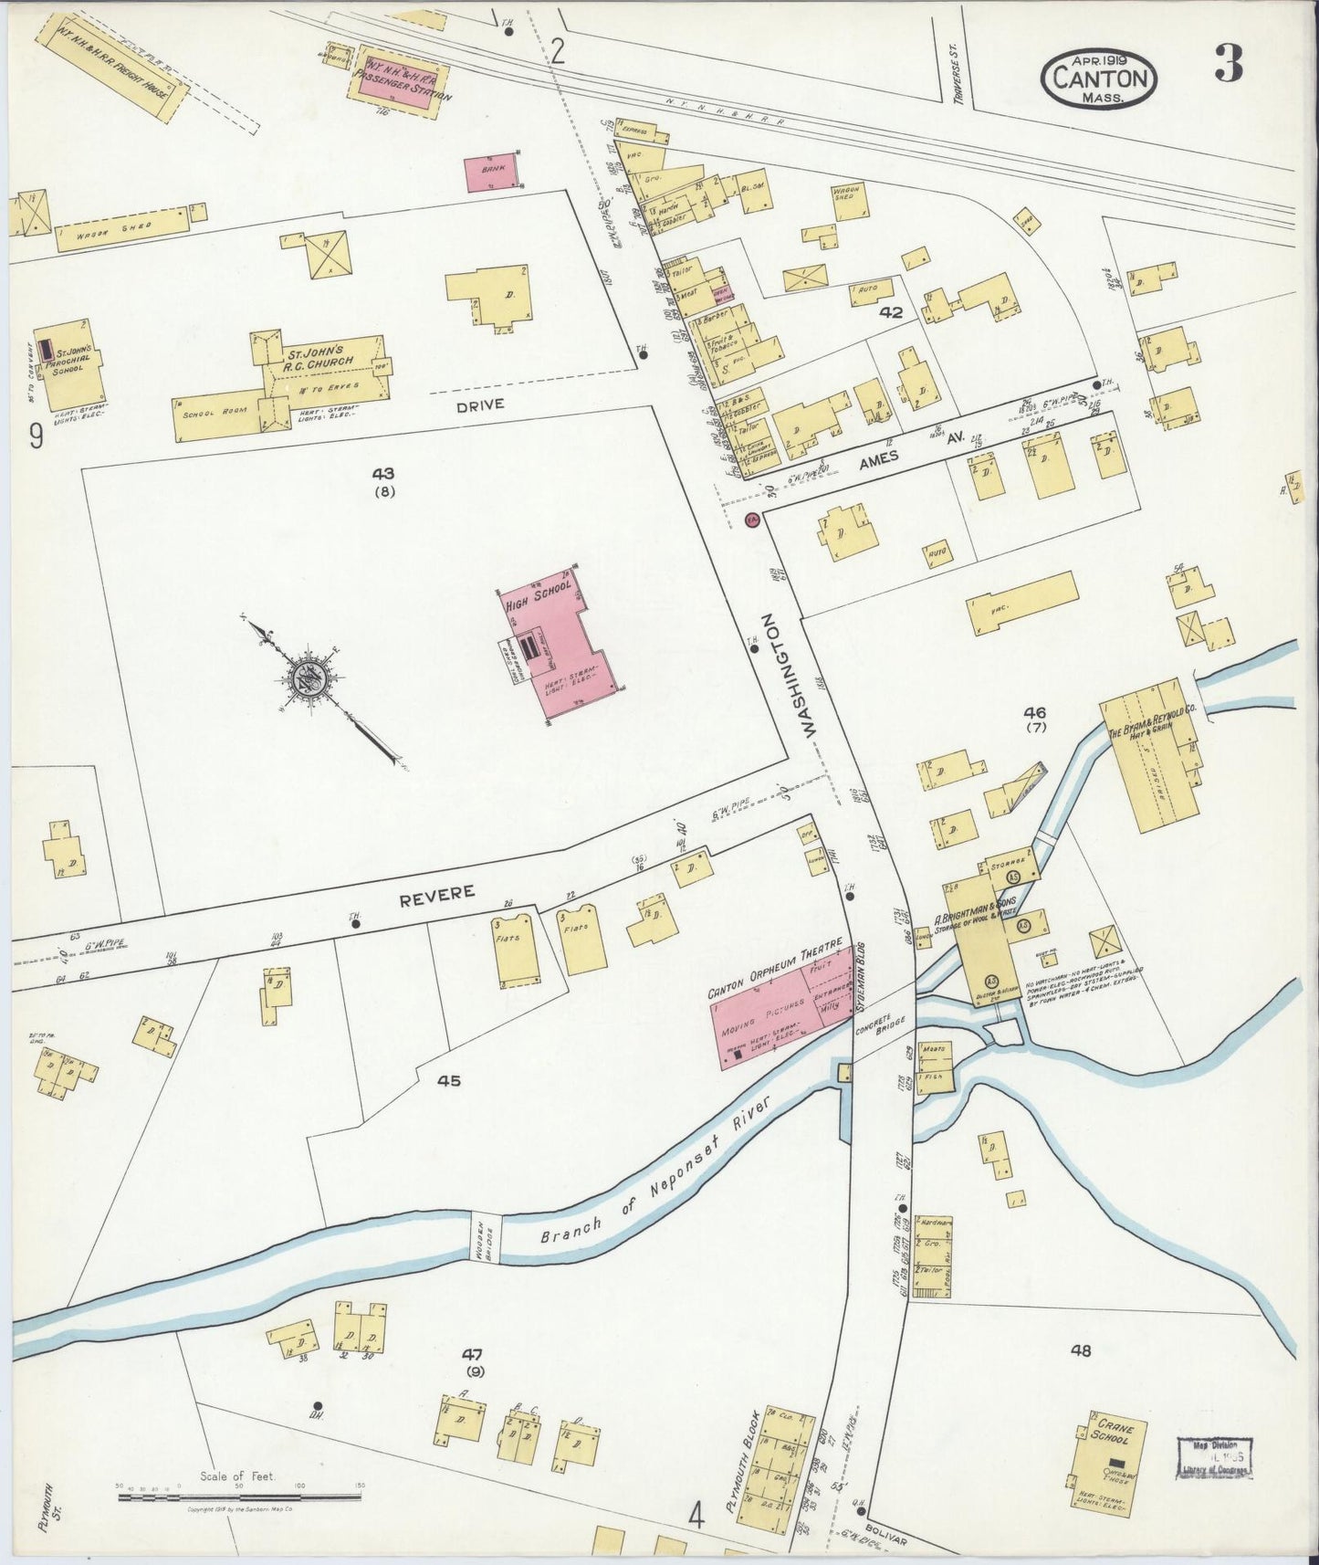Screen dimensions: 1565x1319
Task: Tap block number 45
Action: point(448,1081)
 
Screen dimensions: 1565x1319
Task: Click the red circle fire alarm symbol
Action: point(751,520)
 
